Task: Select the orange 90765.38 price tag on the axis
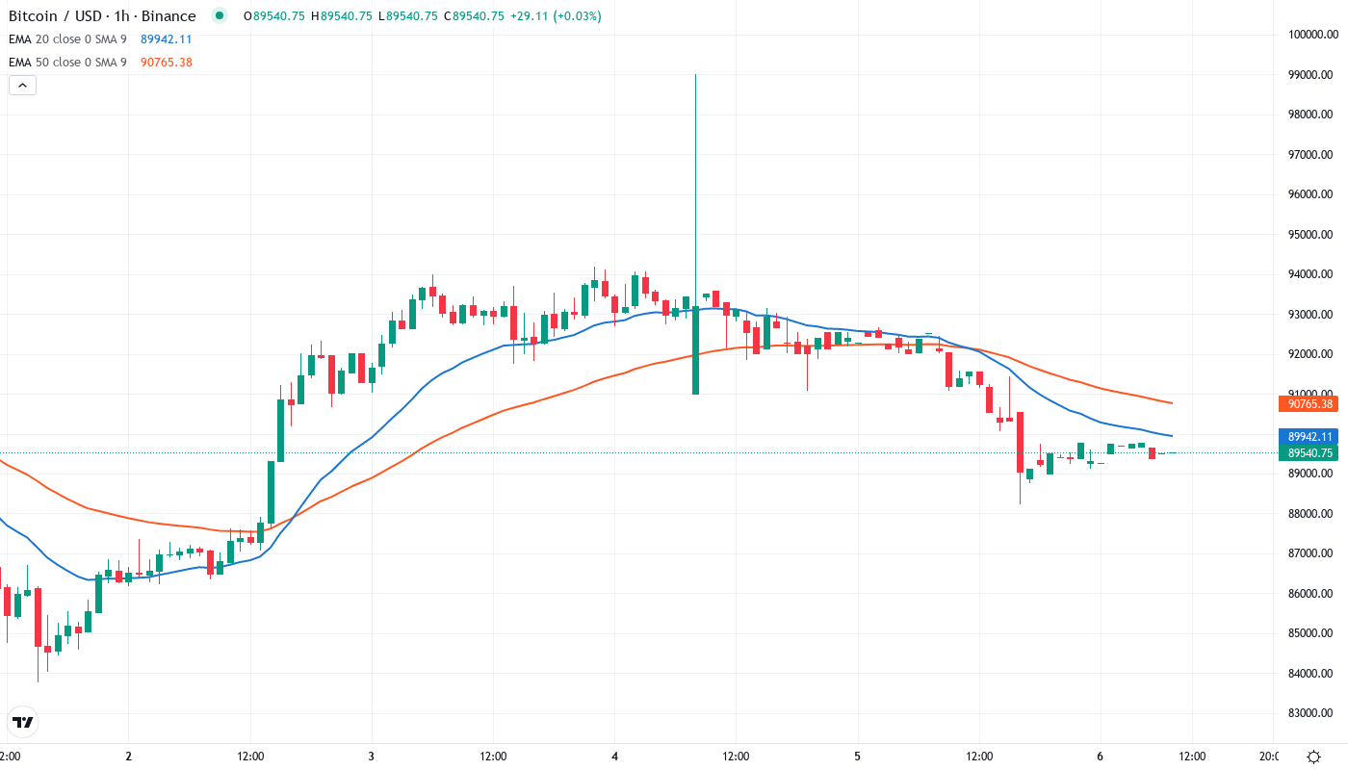[x=1307, y=404]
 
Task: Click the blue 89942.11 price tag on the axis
[x=1307, y=436]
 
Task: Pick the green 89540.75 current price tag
[x=1307, y=452]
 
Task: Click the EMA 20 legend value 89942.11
[x=166, y=39]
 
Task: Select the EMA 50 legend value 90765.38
[x=166, y=63]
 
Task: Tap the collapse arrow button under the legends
[x=22, y=86]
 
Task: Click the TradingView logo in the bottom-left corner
[x=23, y=722]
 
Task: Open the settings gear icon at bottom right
[x=1313, y=756]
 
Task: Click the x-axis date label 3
[x=372, y=757]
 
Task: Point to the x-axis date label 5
[x=857, y=757]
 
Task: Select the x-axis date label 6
[x=1100, y=757]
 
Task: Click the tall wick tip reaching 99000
[x=695, y=75]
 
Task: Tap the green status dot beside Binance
[x=220, y=15]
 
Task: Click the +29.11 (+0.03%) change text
[x=556, y=16]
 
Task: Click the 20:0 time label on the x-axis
[x=1269, y=757]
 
